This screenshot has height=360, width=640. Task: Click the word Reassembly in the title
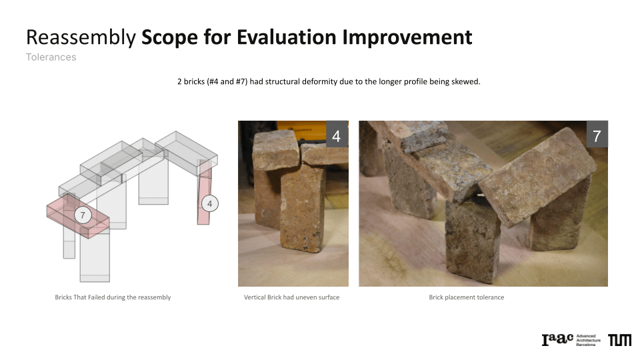pos(81,37)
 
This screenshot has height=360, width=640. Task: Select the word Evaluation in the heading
pos(287,37)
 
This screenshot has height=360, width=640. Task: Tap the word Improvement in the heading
pos(407,37)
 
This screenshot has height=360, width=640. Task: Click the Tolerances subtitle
pos(51,57)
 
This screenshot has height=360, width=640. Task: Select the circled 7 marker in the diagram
pos(83,215)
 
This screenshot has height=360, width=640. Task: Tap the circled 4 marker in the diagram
pos(210,203)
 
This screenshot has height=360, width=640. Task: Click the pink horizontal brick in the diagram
pos(78,215)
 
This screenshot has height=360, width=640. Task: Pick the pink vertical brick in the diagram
pos(204,192)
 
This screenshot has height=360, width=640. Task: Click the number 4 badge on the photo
pos(337,134)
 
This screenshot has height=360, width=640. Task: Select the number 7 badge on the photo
pos(597,134)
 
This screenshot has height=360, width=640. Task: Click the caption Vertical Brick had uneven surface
pos(292,297)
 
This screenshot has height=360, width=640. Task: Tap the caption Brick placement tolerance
pos(467,297)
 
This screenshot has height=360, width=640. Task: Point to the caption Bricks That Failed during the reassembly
pos(113,297)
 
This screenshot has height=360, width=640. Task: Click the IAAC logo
pos(557,339)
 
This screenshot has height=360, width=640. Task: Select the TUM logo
pos(619,340)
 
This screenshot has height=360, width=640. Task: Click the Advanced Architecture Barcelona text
pos(588,340)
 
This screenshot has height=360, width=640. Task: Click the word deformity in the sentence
pos(319,81)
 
